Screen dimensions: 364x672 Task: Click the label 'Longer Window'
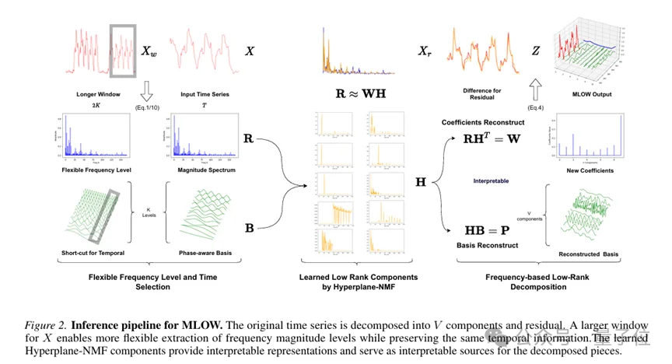[x=97, y=94]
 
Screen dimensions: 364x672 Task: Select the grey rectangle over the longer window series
[x=124, y=51]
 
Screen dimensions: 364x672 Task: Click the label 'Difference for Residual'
[x=481, y=94]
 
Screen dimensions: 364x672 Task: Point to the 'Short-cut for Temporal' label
[x=93, y=253]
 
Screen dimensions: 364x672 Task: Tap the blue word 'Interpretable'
[x=491, y=180]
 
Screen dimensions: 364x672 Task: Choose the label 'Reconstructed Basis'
[x=589, y=254]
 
